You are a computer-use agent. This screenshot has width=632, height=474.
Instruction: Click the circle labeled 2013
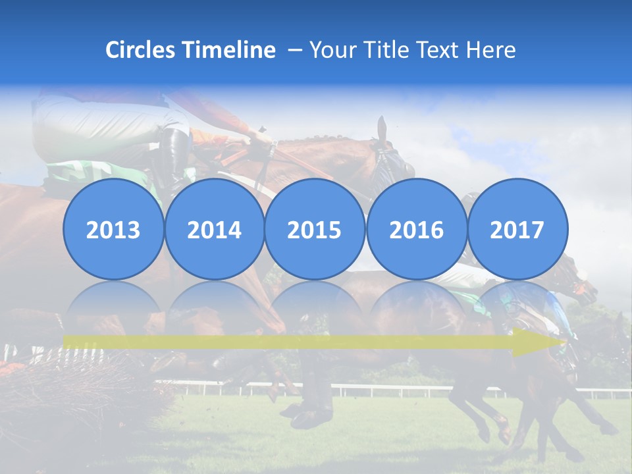[113, 229]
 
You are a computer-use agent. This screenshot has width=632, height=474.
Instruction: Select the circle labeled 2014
[214, 229]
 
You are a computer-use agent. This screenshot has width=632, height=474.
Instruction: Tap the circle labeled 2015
[315, 229]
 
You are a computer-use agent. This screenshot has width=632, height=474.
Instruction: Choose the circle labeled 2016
[416, 229]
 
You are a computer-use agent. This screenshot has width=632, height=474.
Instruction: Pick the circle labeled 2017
[517, 229]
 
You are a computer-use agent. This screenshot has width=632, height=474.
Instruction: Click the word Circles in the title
[140, 50]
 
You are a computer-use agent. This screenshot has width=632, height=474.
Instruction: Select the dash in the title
[294, 51]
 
